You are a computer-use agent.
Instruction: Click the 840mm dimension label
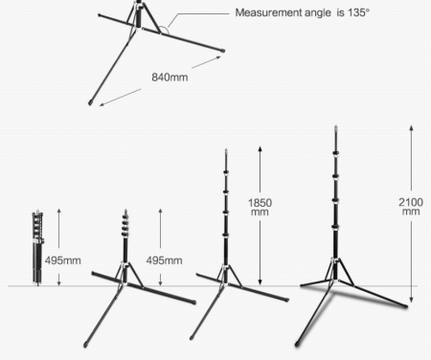point(170,78)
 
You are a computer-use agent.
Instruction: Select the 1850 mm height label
point(260,207)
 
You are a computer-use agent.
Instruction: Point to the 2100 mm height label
point(411,207)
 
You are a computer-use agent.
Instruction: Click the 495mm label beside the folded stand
point(63,260)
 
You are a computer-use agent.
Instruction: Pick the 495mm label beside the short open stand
point(165,260)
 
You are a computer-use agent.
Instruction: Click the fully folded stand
point(37,247)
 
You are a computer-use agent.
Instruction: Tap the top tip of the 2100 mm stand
point(335,126)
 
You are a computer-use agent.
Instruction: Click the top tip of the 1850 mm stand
point(226,150)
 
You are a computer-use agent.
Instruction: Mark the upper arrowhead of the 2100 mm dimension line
point(412,127)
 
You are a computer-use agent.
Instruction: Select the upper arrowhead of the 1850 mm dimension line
point(261,148)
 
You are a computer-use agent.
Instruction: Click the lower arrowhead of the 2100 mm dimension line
point(412,300)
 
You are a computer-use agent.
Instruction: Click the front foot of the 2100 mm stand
point(298,344)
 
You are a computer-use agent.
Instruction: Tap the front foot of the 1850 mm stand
point(192,337)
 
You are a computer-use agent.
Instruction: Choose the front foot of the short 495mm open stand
point(85,345)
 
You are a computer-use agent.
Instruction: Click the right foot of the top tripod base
point(222,51)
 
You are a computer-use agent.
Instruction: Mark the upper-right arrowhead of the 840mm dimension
point(217,57)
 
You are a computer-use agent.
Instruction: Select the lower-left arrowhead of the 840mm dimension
point(102,104)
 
